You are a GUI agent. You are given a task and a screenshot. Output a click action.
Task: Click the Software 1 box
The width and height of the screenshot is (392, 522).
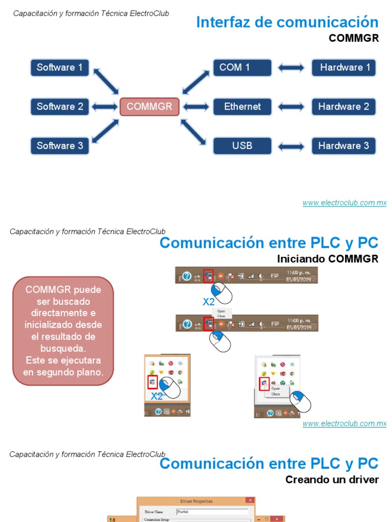(60, 67)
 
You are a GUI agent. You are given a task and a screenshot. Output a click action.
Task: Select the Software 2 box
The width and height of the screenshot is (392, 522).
(60, 107)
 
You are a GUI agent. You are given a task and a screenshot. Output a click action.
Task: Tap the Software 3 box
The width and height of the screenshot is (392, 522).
(60, 146)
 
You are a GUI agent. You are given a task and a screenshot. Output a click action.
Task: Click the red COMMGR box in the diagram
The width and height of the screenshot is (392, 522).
(150, 107)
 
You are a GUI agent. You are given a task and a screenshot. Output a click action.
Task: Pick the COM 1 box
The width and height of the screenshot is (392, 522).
(242, 67)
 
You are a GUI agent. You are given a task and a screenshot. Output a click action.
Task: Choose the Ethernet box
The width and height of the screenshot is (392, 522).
(242, 107)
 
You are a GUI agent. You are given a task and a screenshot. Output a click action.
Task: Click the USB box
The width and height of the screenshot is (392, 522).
(242, 146)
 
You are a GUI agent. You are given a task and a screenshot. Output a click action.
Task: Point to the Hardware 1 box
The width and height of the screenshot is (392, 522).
(344, 67)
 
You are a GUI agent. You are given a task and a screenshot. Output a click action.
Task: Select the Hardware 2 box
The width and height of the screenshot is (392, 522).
(344, 107)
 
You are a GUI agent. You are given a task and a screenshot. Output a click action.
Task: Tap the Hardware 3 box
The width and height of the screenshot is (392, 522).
(344, 146)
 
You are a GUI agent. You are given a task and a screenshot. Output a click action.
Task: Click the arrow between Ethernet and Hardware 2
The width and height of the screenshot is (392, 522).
(291, 107)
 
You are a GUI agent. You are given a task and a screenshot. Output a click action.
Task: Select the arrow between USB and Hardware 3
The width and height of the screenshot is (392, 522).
(291, 146)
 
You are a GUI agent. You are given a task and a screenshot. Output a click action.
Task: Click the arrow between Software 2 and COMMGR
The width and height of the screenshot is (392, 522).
(105, 107)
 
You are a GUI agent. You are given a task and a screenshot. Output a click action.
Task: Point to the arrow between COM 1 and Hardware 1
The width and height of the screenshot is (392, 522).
(291, 68)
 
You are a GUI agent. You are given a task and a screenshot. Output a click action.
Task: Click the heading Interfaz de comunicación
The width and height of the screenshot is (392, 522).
(287, 22)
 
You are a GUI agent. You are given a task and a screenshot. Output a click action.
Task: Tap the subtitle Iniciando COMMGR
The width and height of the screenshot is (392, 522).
(328, 259)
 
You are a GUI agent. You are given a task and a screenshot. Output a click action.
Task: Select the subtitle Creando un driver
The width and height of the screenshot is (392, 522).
(332, 480)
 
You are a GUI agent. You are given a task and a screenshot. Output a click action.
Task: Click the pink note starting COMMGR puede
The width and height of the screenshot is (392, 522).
(63, 331)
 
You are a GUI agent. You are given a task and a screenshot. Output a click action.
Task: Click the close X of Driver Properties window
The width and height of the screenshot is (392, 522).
(250, 501)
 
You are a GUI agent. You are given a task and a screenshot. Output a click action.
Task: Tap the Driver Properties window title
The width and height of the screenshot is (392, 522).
(197, 501)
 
